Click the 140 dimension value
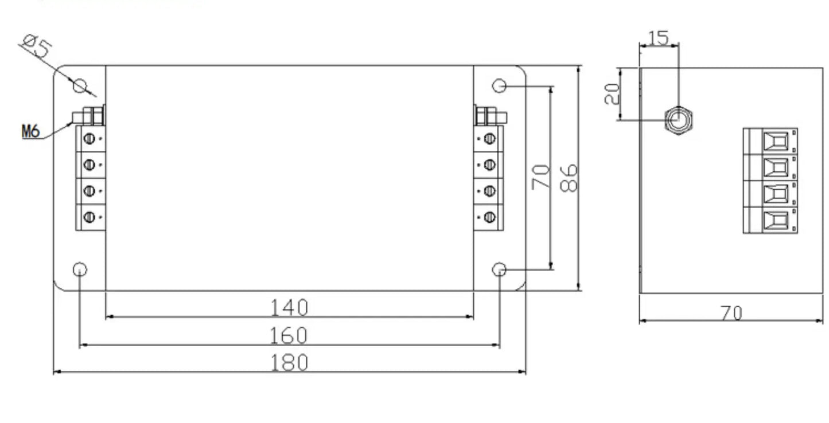click(x=289, y=308)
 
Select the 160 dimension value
click(x=289, y=335)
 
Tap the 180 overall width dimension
click(x=289, y=362)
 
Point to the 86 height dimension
click(x=569, y=178)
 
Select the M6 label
click(x=31, y=131)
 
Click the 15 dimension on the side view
click(x=659, y=38)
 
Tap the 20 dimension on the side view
click(x=612, y=94)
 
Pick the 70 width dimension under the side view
click(x=731, y=313)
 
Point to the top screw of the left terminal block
click(x=89, y=139)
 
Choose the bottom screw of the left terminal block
click(x=89, y=217)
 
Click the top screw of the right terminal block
click(x=489, y=139)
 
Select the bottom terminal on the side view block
click(x=775, y=220)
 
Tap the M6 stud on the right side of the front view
click(x=491, y=116)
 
